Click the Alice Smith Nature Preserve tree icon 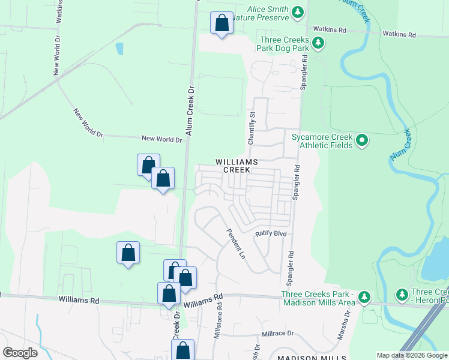tap(297, 12)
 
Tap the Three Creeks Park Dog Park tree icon tap(319, 43)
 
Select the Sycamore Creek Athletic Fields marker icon tap(361, 141)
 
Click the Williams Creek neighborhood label tap(237, 166)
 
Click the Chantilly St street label tap(252, 127)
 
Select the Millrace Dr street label tap(277, 334)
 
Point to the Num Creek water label tap(401, 145)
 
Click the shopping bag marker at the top tap(222, 23)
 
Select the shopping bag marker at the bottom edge tap(184, 350)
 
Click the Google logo tap(20, 353)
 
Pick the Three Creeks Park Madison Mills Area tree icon tap(364, 297)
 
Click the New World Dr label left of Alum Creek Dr tap(161, 139)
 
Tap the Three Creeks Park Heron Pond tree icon tap(402, 294)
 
